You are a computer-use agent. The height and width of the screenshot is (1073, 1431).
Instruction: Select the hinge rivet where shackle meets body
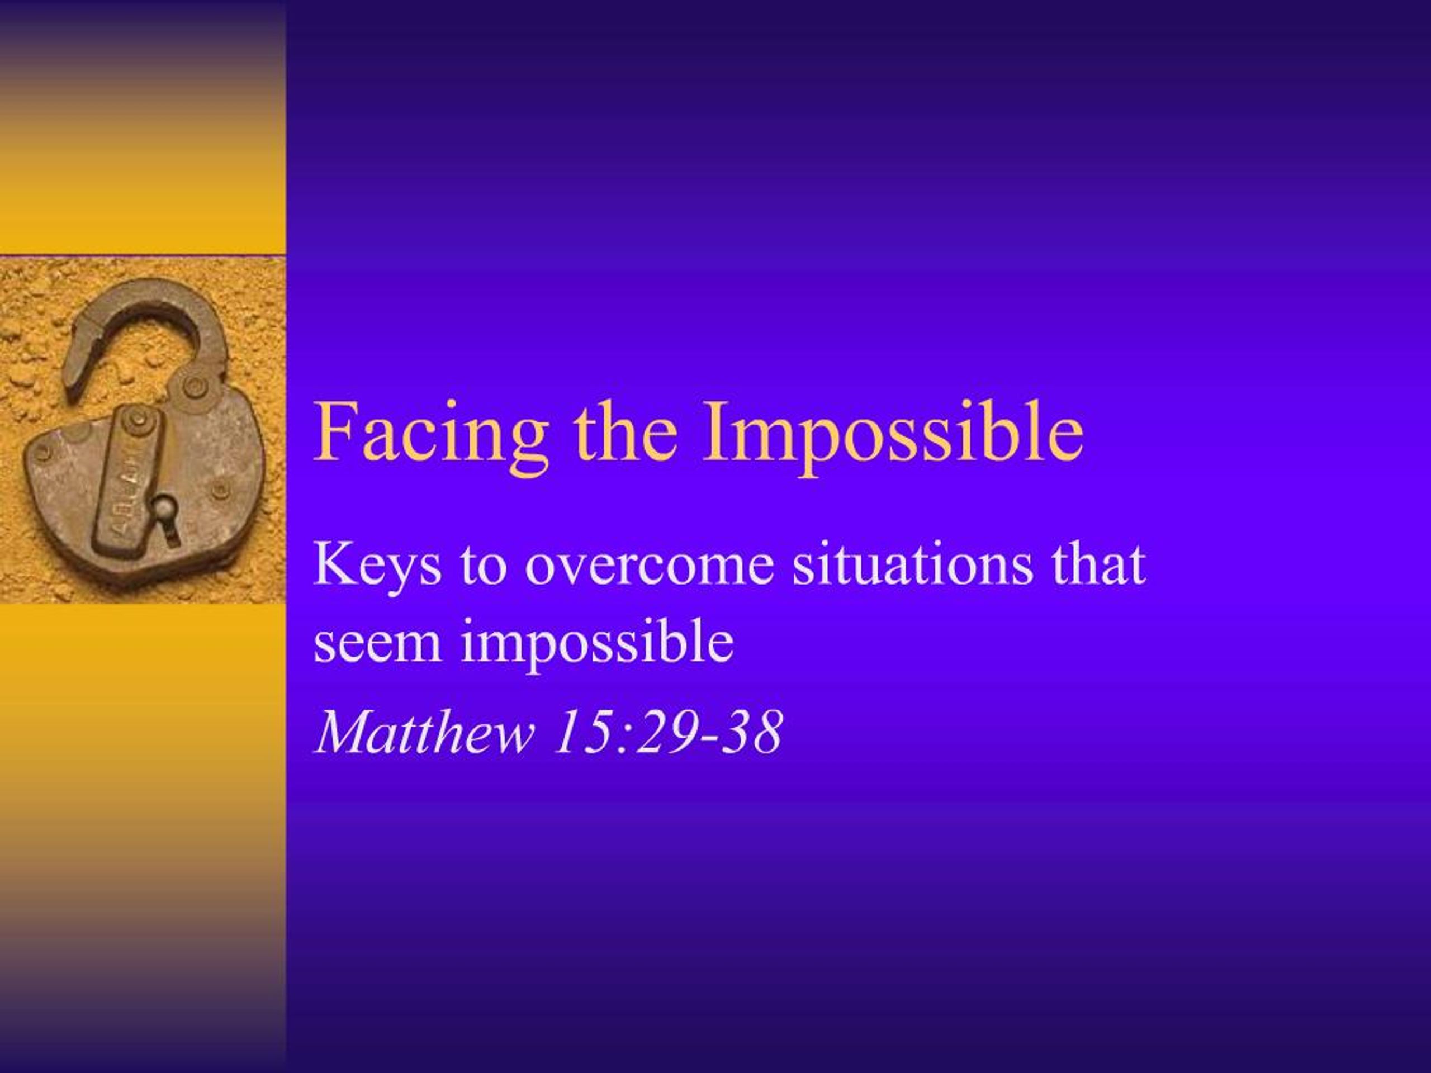click(193, 387)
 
